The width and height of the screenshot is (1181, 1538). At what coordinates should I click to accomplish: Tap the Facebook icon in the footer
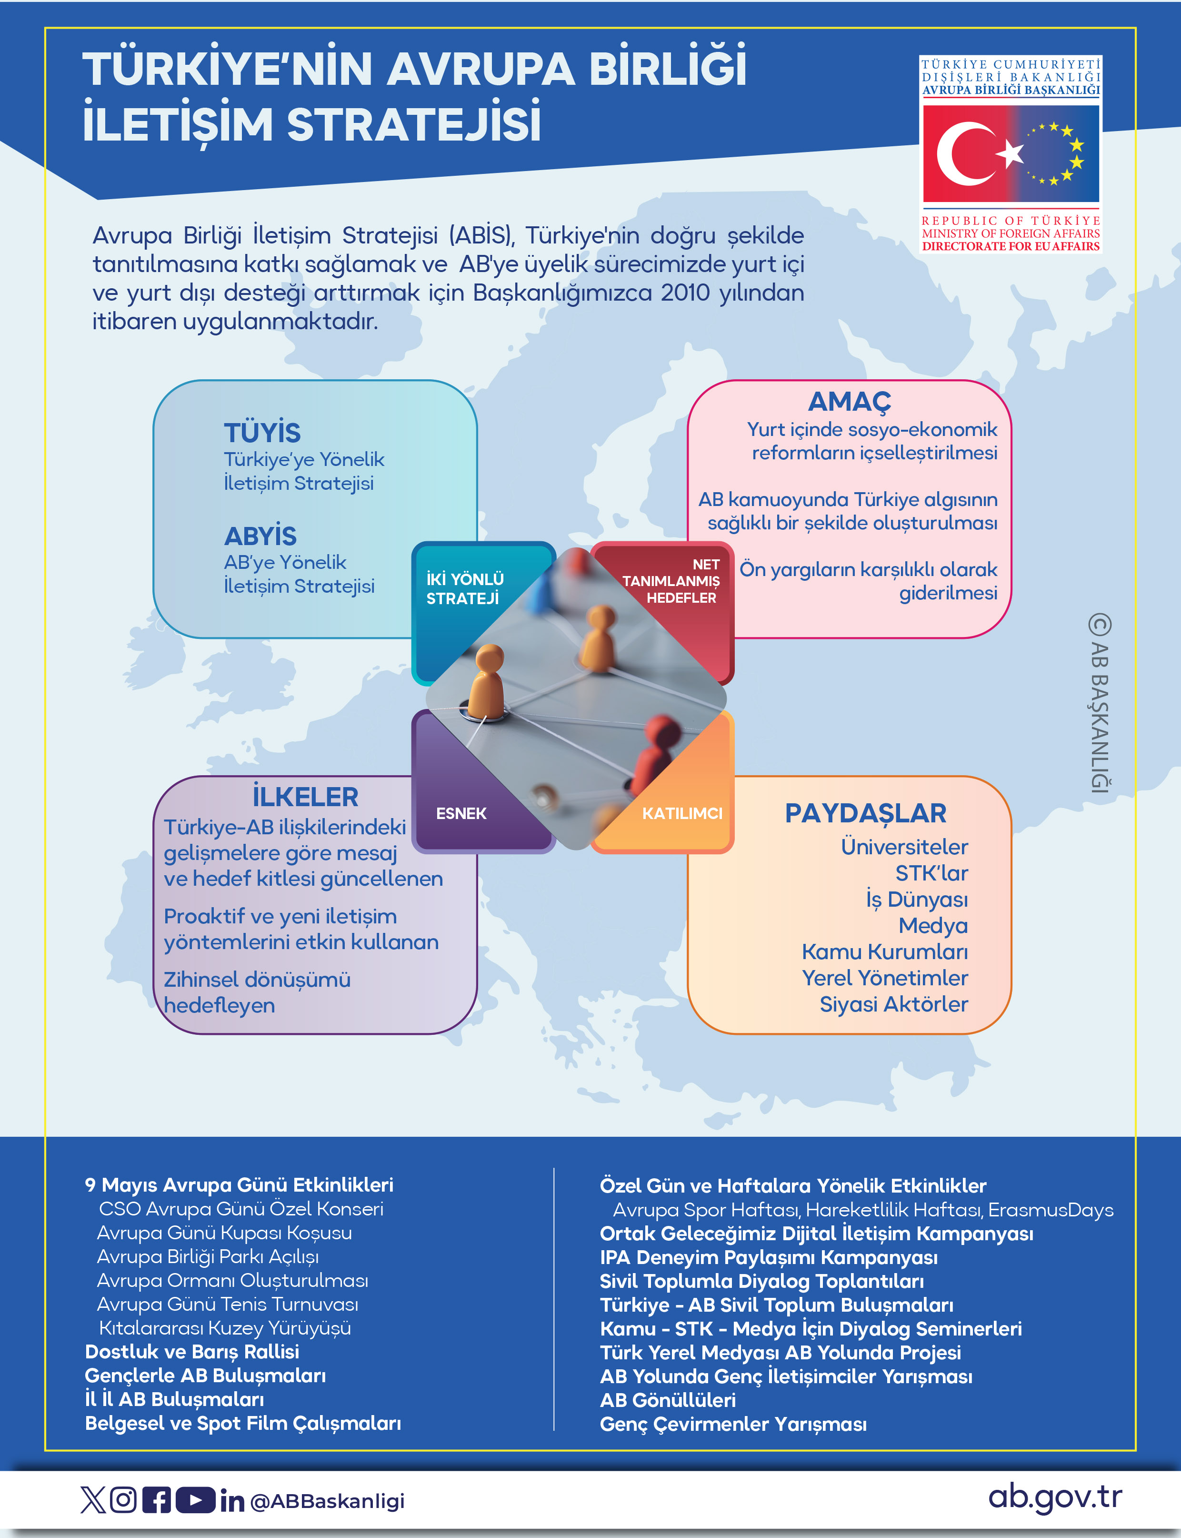click(156, 1500)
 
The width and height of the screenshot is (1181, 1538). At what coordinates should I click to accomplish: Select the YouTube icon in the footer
click(195, 1500)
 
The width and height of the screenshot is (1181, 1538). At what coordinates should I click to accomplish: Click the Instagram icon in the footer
click(123, 1500)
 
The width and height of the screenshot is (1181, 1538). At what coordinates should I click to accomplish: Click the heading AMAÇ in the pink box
click(849, 402)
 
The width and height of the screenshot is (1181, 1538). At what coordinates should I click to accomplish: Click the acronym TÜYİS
click(262, 433)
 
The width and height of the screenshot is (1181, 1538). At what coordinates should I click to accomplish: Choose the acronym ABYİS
click(260, 536)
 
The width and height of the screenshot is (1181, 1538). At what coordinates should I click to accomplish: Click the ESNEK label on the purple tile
click(461, 814)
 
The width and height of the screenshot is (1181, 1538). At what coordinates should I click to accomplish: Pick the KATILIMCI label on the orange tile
click(682, 814)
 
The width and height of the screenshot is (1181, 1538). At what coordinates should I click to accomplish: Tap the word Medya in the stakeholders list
click(933, 925)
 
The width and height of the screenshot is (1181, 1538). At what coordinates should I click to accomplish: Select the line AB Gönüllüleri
click(667, 1400)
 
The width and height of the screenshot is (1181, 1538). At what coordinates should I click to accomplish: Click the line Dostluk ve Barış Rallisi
click(192, 1352)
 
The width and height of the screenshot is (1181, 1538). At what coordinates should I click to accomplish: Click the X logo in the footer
click(92, 1500)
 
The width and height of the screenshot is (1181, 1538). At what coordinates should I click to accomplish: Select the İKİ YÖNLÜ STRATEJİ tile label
click(465, 588)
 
